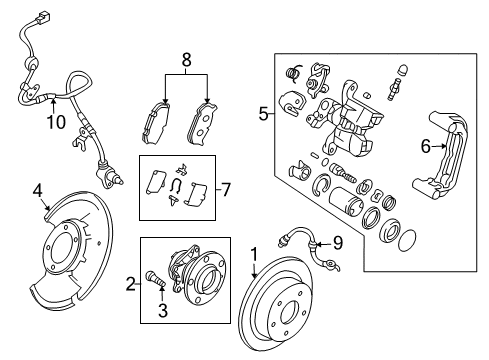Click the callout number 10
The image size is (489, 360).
[56, 122]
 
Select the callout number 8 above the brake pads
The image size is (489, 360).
[186, 60]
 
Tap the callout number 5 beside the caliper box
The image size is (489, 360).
[263, 114]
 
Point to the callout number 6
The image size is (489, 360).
[425, 146]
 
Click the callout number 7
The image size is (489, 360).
[226, 190]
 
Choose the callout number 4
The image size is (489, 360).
[38, 191]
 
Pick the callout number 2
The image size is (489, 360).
[131, 284]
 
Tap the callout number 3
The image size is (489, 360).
[162, 310]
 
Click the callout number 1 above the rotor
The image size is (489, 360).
[254, 255]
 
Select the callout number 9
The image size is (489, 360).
[338, 243]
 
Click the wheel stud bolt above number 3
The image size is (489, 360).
[155, 278]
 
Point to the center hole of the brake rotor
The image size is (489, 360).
[289, 313]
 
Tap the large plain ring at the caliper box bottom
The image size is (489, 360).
[407, 239]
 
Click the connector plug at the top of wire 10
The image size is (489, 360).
[43, 16]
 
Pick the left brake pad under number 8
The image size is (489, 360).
[156, 123]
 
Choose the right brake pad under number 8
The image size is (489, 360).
[202, 124]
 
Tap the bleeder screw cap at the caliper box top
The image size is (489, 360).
[404, 71]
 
